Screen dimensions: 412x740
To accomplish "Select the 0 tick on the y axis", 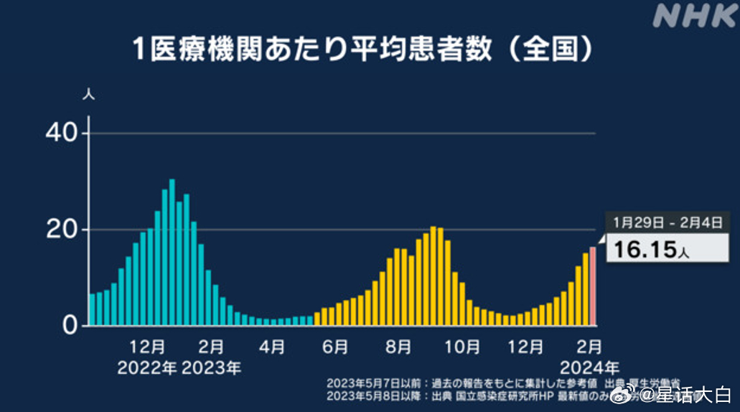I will click(69, 326).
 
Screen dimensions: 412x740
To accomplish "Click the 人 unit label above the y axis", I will click(89, 93).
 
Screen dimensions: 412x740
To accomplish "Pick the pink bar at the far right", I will click(593, 286).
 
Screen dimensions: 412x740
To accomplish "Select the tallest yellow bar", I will click(434, 276).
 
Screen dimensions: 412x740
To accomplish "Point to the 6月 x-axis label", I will click(335, 347).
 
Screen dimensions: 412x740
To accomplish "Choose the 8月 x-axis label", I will click(398, 347).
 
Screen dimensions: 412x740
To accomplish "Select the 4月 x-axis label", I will click(272, 347).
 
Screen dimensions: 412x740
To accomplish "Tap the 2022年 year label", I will click(147, 368).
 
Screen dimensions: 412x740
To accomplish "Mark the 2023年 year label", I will click(212, 368).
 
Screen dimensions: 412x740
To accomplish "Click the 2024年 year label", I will click(589, 368).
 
